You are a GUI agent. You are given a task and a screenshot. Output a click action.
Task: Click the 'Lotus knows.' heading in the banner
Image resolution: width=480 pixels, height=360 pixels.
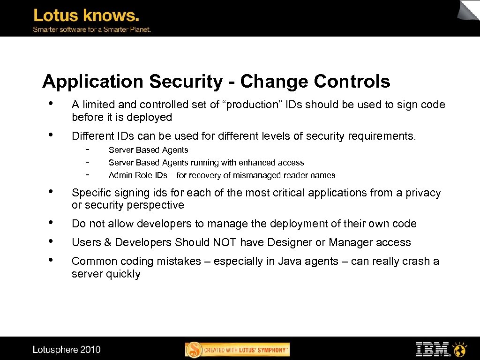[x=86, y=16]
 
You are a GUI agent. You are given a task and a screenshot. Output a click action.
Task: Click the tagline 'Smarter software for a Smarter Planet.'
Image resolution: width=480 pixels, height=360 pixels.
[x=91, y=30]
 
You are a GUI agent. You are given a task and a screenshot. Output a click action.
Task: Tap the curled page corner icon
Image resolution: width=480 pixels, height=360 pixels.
[x=469, y=11]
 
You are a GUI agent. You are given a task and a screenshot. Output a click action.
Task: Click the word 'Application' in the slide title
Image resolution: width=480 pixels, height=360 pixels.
[x=92, y=82]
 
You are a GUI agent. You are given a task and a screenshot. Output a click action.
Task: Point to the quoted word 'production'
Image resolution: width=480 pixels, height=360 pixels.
[x=252, y=105]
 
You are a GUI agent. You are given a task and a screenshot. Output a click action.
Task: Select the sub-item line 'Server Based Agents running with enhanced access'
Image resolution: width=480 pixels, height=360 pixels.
[x=206, y=163]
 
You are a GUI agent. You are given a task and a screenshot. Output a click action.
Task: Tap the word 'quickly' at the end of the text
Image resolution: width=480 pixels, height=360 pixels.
[x=122, y=274]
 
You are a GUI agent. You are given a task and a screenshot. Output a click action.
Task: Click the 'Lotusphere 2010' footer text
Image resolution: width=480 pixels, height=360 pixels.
[x=67, y=350]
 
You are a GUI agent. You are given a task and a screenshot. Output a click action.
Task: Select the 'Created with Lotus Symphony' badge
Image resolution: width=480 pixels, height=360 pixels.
[x=238, y=350]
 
